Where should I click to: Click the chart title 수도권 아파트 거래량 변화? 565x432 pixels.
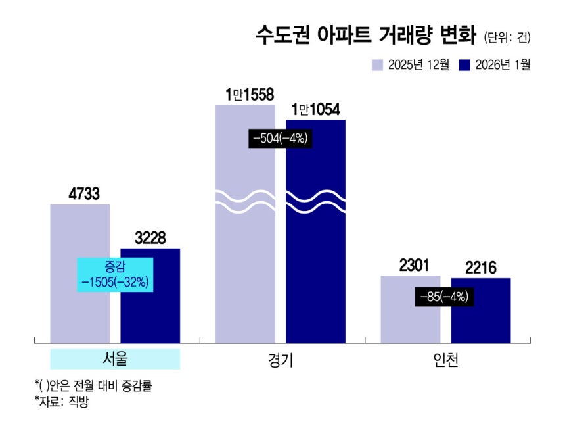[366, 36]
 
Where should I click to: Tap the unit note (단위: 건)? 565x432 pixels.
[507, 37]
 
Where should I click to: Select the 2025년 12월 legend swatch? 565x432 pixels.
[377, 64]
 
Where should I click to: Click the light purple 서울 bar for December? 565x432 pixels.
[79, 309]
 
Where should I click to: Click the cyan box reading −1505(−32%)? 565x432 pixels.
[115, 274]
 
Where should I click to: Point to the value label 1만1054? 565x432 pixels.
[315, 110]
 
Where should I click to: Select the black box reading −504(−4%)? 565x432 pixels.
[279, 139]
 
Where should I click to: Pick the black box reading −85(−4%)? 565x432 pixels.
[444, 297]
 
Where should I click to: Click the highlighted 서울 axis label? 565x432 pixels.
[115, 359]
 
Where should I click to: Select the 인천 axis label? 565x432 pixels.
[445, 361]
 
